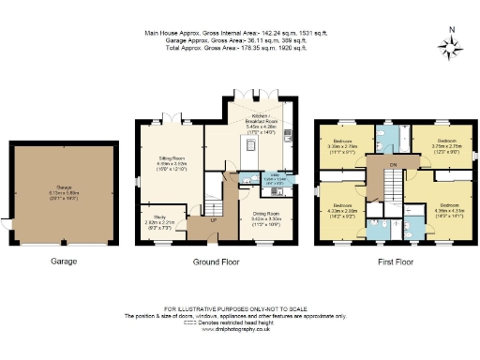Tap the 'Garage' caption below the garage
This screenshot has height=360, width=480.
(63, 262)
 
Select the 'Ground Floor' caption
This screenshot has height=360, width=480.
(214, 262)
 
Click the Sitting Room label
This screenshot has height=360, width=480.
(166, 168)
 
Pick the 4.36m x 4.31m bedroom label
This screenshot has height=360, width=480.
(447, 208)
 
